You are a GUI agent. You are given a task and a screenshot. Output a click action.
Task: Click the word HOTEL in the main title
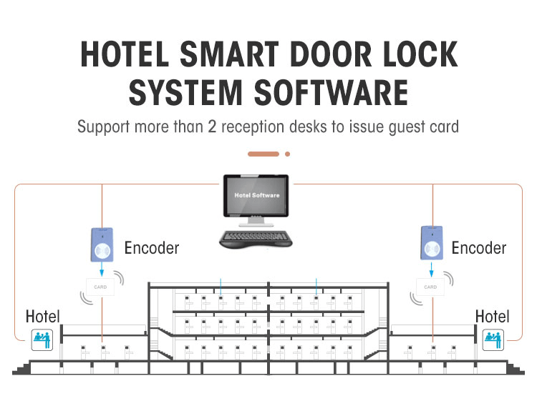pos(125,54)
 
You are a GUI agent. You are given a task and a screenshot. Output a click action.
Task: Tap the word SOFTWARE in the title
pos(331,92)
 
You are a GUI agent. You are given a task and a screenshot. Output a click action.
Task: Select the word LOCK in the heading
pos(420,54)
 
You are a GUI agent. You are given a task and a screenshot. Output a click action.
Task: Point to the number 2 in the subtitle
pos(212,127)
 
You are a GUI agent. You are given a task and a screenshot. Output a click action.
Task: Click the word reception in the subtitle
pos(253,127)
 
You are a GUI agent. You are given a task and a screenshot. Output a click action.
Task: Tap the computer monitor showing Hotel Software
pos(256,200)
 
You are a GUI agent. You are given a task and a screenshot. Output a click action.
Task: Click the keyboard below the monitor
pos(256,239)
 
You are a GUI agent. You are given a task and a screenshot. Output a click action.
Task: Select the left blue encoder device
pos(102,245)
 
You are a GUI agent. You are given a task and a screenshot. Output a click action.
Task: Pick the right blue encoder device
pos(432,243)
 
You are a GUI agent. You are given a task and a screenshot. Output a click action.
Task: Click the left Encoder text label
pos(151,248)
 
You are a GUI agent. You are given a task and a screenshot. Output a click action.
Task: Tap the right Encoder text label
pos(479,248)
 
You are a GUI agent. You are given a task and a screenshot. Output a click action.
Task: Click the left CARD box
pos(100,287)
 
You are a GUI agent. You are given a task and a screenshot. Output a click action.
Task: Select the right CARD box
pos(430,287)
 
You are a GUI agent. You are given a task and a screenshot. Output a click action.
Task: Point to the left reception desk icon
pos(42,340)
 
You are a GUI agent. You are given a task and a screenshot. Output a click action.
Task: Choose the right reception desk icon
pos(493,340)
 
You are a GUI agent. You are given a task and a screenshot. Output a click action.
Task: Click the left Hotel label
pos(42,316)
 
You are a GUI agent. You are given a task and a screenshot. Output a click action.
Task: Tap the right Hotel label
pos(492,316)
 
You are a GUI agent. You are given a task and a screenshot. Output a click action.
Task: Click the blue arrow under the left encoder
pos(102,269)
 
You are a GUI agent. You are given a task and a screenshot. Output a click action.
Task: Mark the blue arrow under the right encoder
pos(432,269)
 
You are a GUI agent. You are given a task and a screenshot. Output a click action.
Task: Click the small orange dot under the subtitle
pos(287,154)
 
